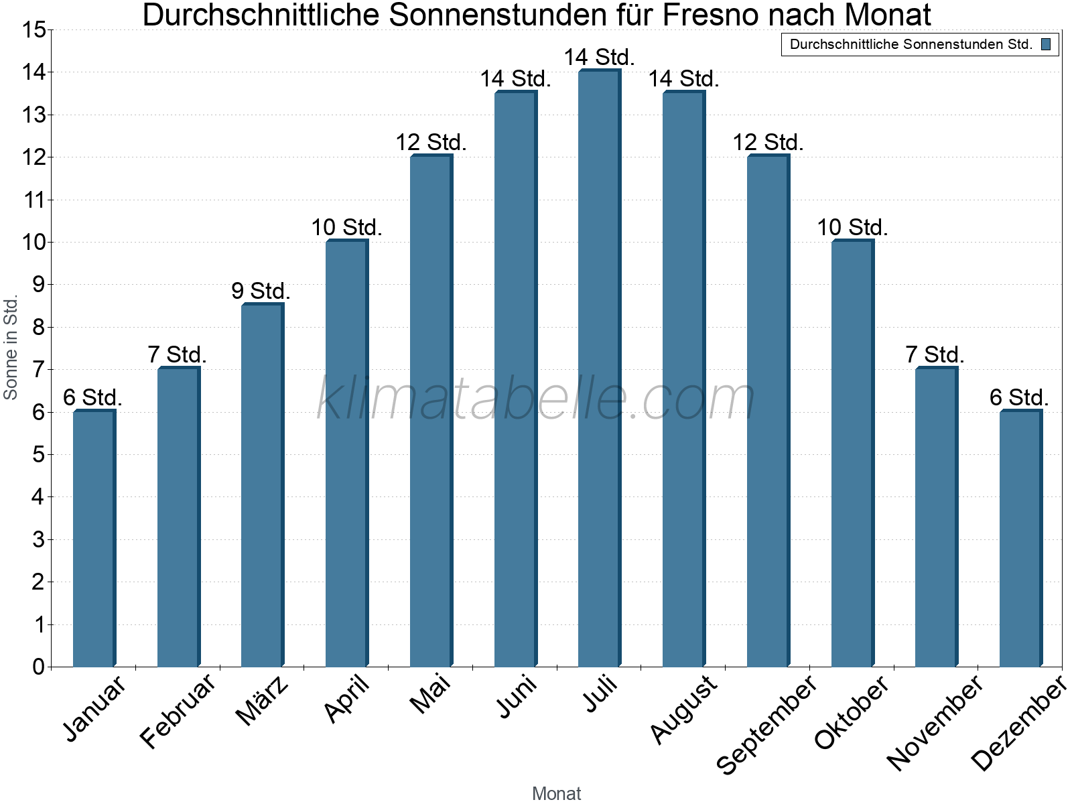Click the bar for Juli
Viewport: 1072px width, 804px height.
pyautogui.click(x=599, y=368)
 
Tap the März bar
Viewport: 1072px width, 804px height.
pyautogui.click(x=262, y=485)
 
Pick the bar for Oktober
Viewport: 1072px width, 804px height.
pyautogui.click(x=852, y=454)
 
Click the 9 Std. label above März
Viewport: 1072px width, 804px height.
pyautogui.click(x=261, y=291)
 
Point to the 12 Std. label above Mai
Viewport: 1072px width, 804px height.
pyautogui.click(x=431, y=142)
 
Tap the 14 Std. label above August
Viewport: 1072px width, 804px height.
pyautogui.click(x=683, y=78)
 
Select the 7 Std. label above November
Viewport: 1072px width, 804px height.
pyautogui.click(x=935, y=354)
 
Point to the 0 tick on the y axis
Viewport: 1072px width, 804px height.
pyautogui.click(x=38, y=667)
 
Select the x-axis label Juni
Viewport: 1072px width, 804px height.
pyautogui.click(x=517, y=697)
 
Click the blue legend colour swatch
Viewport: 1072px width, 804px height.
pyautogui.click(x=1046, y=45)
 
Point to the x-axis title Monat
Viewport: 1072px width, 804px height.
pyautogui.click(x=556, y=793)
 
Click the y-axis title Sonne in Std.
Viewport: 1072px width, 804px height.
pyautogui.click(x=11, y=348)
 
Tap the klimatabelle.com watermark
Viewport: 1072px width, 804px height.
pyautogui.click(x=536, y=399)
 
